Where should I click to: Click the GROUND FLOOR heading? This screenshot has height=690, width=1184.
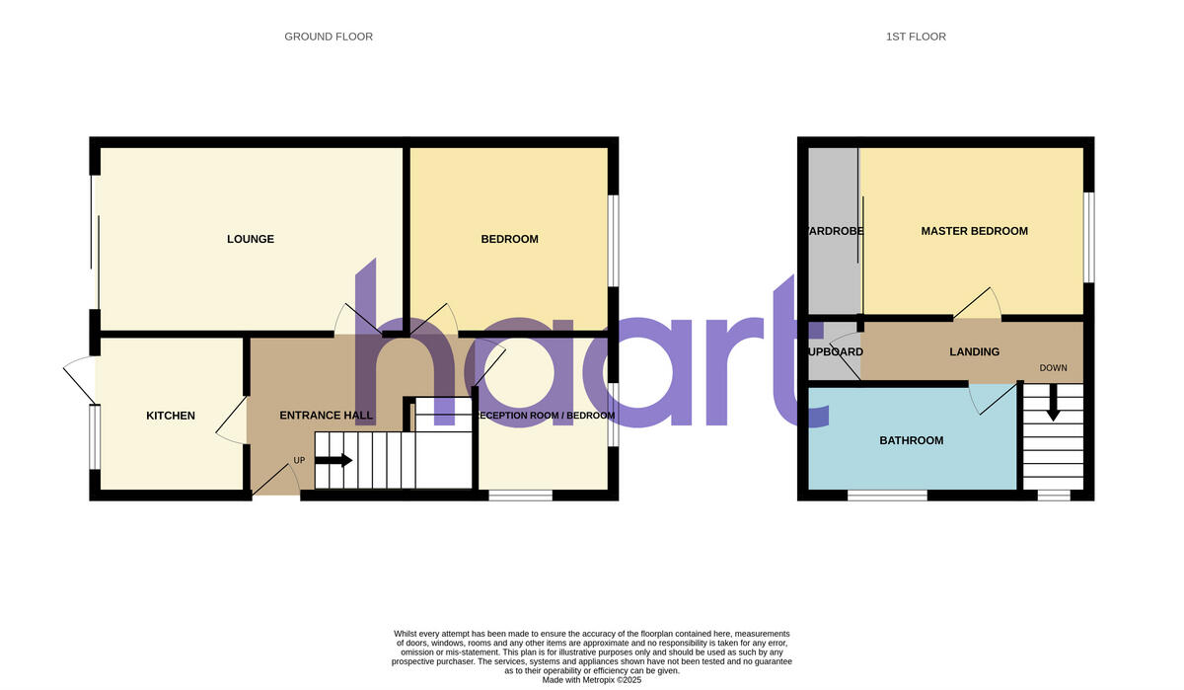329,37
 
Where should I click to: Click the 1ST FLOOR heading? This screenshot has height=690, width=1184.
915,37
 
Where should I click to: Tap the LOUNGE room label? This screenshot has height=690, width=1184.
251,239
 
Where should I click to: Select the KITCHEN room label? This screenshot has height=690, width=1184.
171,416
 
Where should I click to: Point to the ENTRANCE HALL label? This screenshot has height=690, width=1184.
327,416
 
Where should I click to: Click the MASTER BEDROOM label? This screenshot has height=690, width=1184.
974,231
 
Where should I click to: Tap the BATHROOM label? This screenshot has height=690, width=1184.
911,440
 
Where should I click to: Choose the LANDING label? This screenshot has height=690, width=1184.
974,351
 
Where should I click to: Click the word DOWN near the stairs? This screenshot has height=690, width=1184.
1053,368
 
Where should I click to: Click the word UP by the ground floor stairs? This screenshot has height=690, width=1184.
299,461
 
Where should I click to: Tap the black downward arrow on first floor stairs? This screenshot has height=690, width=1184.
1053,404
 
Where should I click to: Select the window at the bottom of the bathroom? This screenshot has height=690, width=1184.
887,495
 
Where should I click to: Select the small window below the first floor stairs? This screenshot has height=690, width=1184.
1054,495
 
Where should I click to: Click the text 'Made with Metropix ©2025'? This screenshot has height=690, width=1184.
592,680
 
